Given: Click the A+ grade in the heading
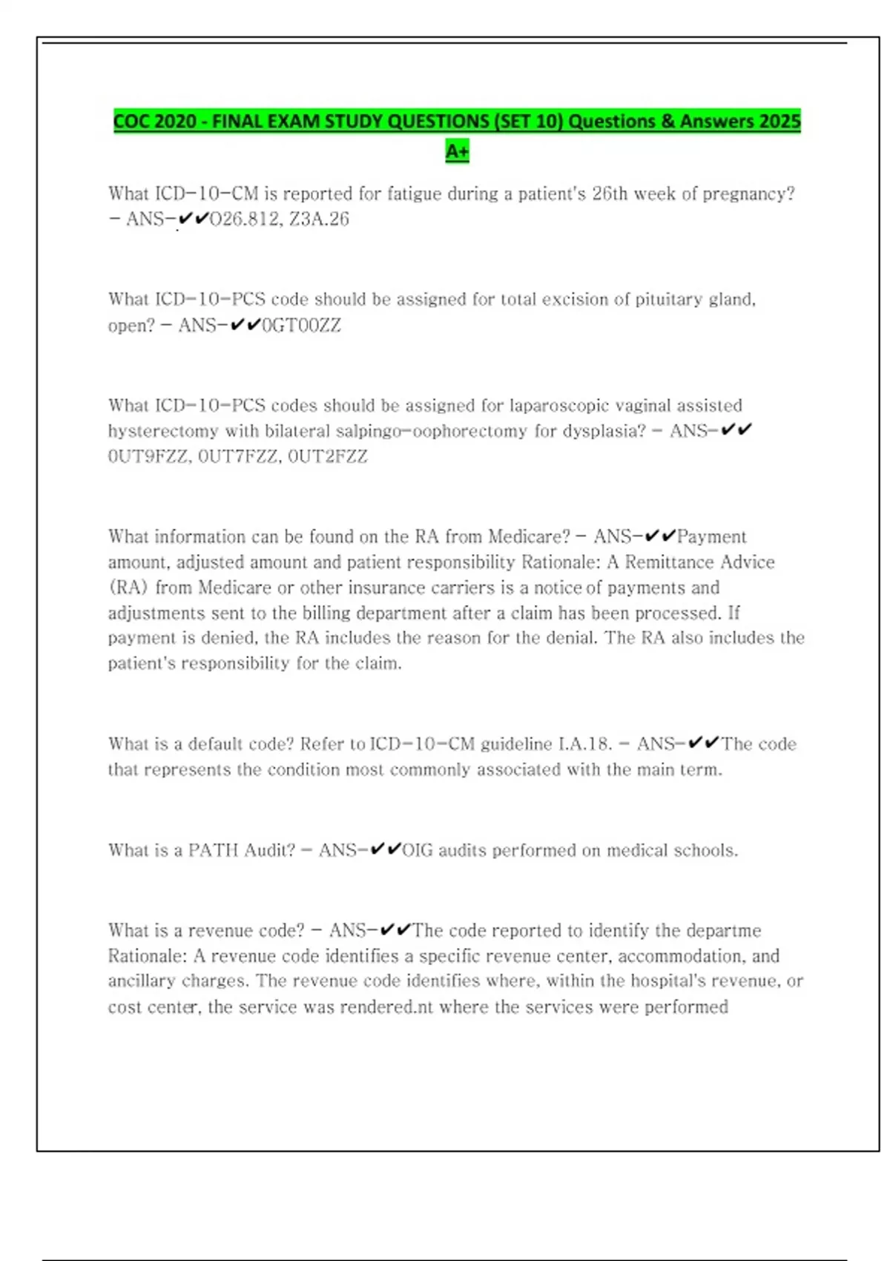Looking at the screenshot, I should (x=457, y=151).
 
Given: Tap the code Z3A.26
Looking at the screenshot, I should (x=319, y=220).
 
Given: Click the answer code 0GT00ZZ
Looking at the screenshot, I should (x=302, y=326).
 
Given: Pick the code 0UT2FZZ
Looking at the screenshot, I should (x=328, y=457).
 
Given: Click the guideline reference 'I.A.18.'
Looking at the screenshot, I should (x=584, y=745).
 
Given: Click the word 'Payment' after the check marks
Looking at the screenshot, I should (x=712, y=537).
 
